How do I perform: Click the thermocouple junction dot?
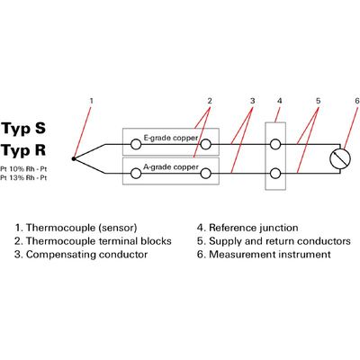tap(74, 158)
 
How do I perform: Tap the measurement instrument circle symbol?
tap(340, 158)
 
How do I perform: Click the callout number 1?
tap(92, 101)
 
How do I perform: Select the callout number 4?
tap(280, 101)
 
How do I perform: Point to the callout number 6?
tap(356, 101)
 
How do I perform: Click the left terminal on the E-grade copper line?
tap(136, 144)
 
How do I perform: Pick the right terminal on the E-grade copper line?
tap(205, 144)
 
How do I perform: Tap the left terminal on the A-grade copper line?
tap(136, 174)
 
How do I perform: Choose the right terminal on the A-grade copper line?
tap(205, 174)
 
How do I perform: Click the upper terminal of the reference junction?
tap(275, 144)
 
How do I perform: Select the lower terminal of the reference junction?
tap(275, 174)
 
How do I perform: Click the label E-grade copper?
tap(171, 138)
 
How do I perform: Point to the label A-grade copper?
tap(171, 167)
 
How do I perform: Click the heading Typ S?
tap(23, 129)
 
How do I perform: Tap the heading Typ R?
tap(23, 150)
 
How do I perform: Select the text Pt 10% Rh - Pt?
tap(23, 169)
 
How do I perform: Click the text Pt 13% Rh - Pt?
tap(23, 178)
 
